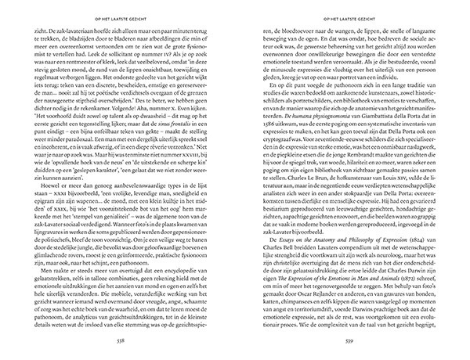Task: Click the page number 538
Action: tap(120, 343)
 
